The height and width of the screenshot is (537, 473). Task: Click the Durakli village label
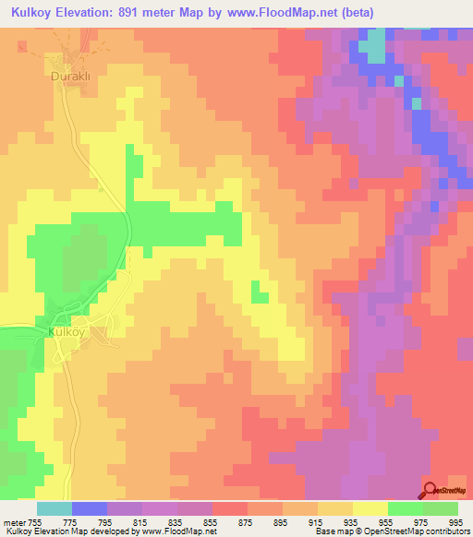tap(69, 78)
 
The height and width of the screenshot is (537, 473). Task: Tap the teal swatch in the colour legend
tap(54, 508)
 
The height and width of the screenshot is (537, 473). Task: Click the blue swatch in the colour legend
tap(90, 508)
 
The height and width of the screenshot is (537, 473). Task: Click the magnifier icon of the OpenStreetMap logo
tap(429, 490)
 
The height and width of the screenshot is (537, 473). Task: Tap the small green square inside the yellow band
tap(260, 295)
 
